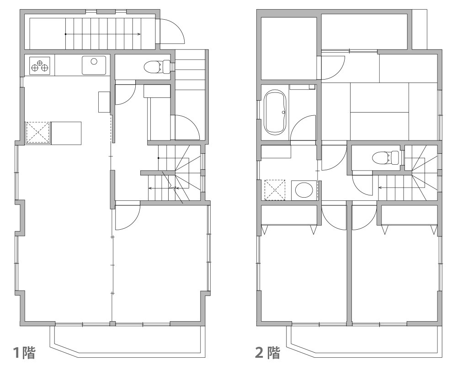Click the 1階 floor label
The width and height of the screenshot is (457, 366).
25,352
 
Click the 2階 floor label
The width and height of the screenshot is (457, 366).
267,352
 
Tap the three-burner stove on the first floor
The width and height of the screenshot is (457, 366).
40,65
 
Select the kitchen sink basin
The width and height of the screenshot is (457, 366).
94,65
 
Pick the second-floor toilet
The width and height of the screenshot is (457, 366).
386,157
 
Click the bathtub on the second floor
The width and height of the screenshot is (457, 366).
275,113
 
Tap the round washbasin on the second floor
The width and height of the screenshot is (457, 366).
304,190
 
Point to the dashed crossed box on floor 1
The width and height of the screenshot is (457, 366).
38,133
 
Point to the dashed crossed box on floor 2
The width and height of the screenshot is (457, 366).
275,190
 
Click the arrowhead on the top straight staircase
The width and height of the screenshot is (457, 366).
139,34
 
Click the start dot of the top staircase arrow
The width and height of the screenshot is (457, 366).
65,34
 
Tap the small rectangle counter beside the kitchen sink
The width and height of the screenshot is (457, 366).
104,102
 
